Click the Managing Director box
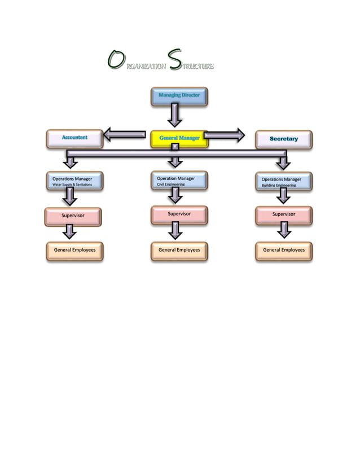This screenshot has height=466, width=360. [x=179, y=96]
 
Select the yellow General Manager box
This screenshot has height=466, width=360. [x=179, y=139]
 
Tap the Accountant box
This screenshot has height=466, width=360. [x=75, y=138]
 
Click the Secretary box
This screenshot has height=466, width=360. [x=283, y=139]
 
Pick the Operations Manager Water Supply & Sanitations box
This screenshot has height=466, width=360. [x=74, y=181]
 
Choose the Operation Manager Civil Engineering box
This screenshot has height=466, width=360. [x=179, y=181]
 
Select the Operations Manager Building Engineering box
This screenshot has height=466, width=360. [x=283, y=181]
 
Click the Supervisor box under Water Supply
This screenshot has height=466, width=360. [x=73, y=216]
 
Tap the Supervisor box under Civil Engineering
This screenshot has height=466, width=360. [x=179, y=215]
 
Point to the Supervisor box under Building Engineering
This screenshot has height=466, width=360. [x=283, y=216]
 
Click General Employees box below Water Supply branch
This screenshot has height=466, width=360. [x=74, y=250]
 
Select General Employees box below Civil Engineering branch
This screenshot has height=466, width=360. [x=179, y=250]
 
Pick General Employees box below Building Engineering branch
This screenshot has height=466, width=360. [x=283, y=250]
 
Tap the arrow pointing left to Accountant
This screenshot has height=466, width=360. [x=124, y=134]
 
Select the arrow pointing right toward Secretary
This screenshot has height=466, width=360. [x=225, y=134]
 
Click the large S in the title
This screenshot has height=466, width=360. [x=175, y=60]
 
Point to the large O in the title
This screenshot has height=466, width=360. [x=115, y=60]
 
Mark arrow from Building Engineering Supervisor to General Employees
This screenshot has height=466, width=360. [x=284, y=230]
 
